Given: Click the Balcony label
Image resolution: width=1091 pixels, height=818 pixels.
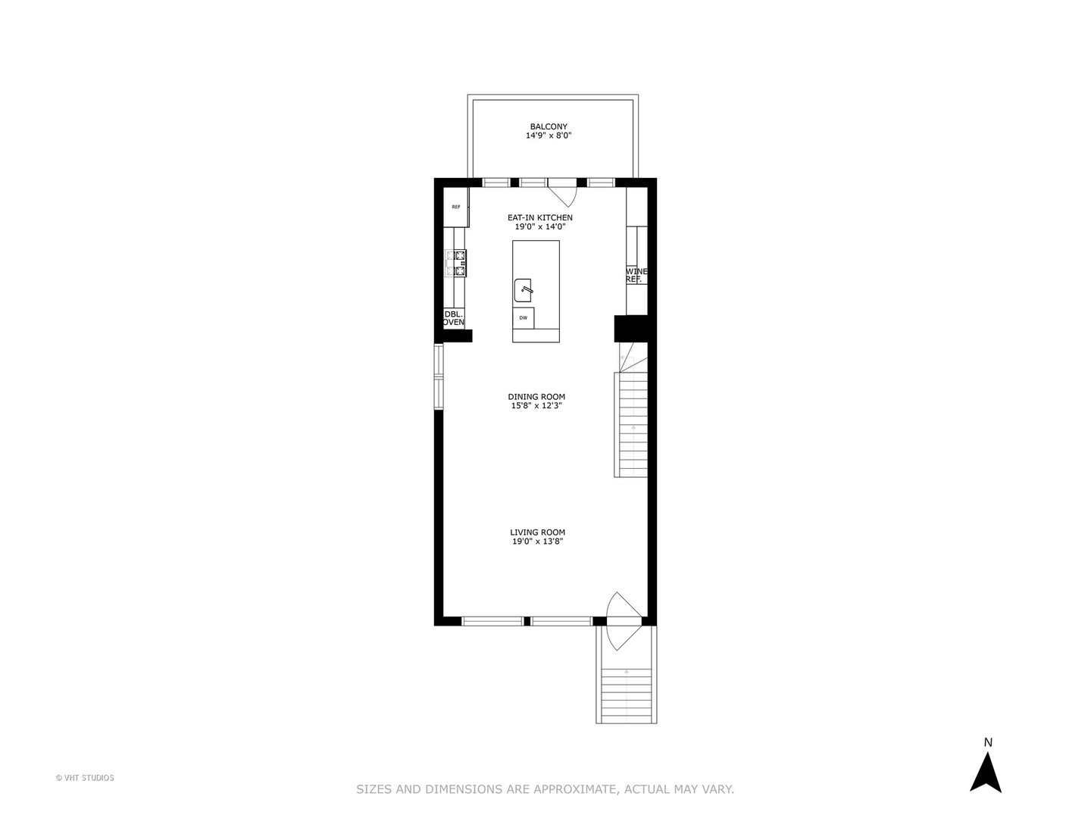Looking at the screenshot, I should [549, 126].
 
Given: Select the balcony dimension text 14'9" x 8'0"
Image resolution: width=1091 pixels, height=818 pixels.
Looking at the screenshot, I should [549, 136].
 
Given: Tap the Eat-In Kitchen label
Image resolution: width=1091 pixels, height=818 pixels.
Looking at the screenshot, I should [540, 217].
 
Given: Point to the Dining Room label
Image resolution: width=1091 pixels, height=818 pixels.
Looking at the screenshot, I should [536, 396].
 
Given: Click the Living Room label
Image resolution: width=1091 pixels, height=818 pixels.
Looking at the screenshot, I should [537, 532].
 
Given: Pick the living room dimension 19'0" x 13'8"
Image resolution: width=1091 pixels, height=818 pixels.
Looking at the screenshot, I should [537, 542].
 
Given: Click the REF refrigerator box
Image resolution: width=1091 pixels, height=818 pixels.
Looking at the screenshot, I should [456, 207].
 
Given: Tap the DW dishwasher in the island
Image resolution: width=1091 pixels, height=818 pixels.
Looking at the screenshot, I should [524, 318].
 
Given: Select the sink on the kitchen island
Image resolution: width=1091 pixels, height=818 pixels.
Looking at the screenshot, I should [524, 289].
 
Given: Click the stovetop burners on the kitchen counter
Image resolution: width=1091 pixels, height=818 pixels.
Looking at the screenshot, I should [456, 263].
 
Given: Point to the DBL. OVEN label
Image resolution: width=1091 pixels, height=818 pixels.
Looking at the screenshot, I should [454, 318].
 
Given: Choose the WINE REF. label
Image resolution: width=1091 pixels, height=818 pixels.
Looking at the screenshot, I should [636, 275].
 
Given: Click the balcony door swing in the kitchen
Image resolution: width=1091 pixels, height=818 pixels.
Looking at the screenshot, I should [564, 194].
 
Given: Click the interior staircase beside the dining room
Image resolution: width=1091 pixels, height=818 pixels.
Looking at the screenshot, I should [630, 424].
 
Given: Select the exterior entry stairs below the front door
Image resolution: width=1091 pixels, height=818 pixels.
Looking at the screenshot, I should [627, 695].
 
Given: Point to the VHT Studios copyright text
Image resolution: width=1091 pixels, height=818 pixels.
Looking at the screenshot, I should [85, 778].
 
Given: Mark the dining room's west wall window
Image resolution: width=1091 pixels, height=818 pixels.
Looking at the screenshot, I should [438, 377].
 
